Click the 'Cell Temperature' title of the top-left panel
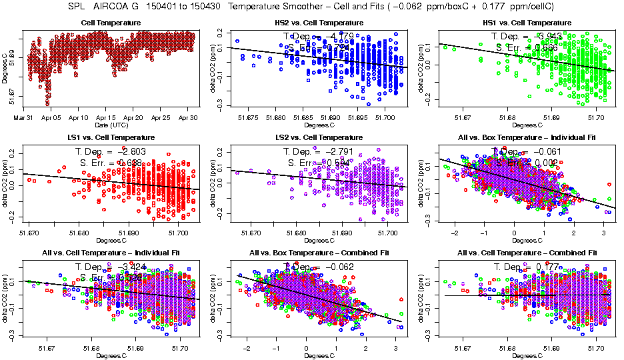pos(111,23)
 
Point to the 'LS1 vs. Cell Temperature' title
pos(111,137)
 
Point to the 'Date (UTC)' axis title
pos(111,125)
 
